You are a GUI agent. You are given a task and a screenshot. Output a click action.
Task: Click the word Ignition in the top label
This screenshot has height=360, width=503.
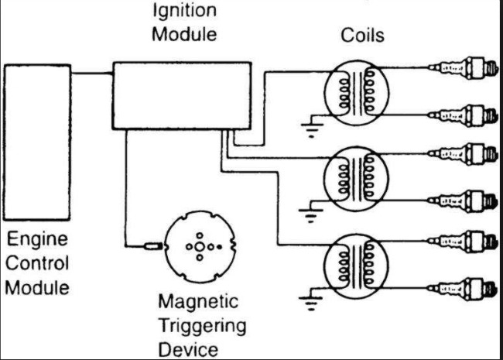point(185,11)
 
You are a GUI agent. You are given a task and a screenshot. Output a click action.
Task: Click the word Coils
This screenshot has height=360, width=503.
point(362,36)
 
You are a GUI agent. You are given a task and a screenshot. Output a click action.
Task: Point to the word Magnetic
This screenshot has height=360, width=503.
point(199,301)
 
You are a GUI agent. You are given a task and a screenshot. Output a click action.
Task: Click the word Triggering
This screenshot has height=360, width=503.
point(203,325)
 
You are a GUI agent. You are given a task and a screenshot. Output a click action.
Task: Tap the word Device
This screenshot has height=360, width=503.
point(187,349)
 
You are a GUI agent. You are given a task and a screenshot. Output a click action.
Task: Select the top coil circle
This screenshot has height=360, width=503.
point(354,93)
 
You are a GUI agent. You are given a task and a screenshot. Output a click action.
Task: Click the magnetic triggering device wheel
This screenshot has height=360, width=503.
point(200,247)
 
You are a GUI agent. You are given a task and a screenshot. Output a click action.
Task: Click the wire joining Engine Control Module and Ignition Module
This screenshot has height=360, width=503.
point(92,74)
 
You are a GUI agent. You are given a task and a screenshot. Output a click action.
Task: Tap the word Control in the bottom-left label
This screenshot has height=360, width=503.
point(38,263)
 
